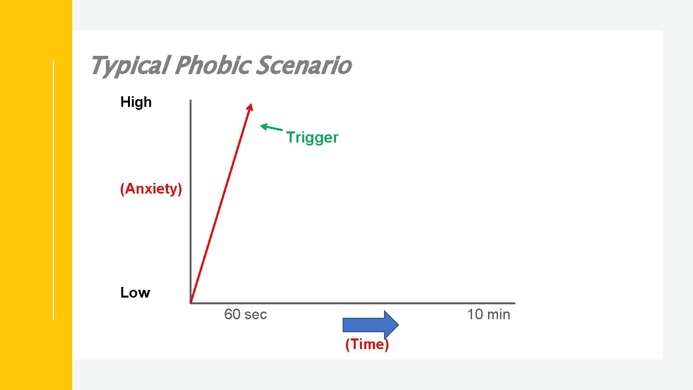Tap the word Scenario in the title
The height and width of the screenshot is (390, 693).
click(303, 66)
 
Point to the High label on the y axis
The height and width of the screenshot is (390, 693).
click(136, 102)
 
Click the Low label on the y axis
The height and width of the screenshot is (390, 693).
click(135, 293)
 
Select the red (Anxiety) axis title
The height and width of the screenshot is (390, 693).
click(151, 189)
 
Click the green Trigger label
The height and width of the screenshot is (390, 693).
click(312, 138)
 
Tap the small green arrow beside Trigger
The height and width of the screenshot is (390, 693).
click(271, 128)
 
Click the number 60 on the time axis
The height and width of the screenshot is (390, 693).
click(232, 315)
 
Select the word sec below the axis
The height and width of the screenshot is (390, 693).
click(255, 315)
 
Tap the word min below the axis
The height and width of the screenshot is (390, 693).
click(498, 315)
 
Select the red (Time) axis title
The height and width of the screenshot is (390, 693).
click(367, 345)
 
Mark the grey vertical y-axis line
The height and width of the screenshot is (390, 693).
click(191, 202)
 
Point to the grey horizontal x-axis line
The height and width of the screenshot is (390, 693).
click(356, 303)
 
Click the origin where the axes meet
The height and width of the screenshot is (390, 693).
click(191, 303)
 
